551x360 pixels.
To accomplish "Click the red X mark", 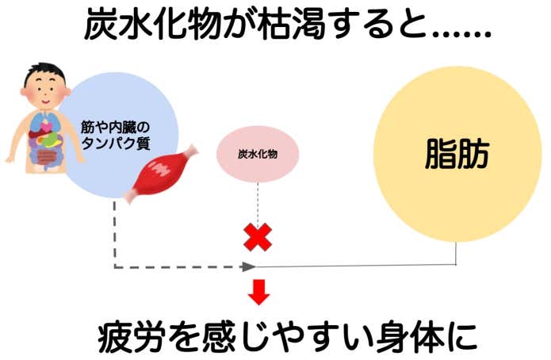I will [257, 236].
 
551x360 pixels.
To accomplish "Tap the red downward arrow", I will [258, 291].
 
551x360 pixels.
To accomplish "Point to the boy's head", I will [40, 79].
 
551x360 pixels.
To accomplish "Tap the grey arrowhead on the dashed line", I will [250, 266].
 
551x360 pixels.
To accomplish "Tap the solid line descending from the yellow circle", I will [457, 254].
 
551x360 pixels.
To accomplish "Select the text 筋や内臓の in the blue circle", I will [116, 126].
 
